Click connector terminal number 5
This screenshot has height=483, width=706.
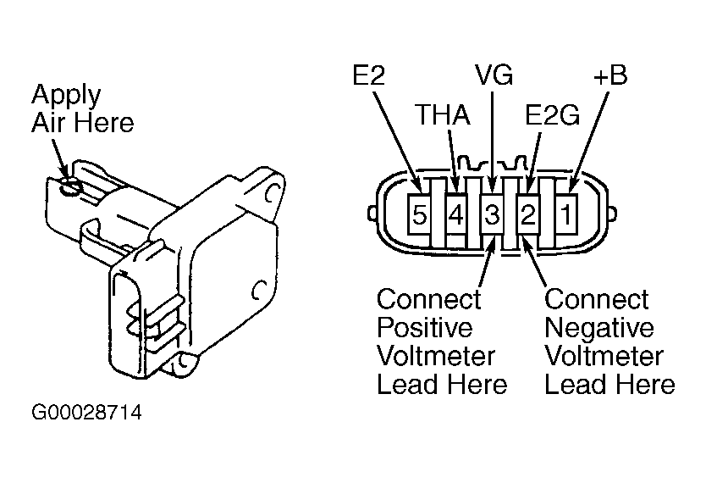(418, 214)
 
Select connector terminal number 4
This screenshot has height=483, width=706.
(455, 214)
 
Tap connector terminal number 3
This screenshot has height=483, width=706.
(492, 214)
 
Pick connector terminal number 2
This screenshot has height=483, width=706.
(528, 214)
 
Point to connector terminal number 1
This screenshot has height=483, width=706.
(566, 214)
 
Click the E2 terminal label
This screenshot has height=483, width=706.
(369, 75)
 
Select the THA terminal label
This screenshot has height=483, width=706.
(443, 114)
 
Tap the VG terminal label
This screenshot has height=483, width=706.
(494, 75)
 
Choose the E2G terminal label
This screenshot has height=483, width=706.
(553, 114)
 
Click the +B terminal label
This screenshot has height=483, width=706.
(610, 75)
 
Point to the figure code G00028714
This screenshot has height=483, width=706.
(86, 413)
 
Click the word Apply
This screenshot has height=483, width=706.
(66, 96)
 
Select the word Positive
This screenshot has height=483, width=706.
(425, 328)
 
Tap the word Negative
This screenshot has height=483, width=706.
(598, 328)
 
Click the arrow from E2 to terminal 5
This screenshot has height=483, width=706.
(397, 142)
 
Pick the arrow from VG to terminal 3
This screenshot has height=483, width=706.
(492, 142)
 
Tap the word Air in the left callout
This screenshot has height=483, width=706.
(48, 123)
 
